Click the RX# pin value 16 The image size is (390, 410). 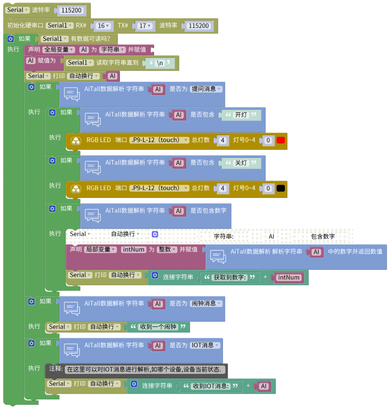tap(103, 26)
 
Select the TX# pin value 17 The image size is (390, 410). tap(145, 26)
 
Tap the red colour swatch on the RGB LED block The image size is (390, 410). tap(281, 140)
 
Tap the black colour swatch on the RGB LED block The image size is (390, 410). tap(281, 188)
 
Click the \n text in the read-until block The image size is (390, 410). tap(160, 63)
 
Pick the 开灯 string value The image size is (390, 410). tap(241, 115)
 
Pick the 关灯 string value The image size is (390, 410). tap(241, 163)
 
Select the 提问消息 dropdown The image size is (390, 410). tap(206, 89)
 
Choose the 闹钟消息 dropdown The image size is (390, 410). tap(206, 303)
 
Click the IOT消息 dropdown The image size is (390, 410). tap(205, 345)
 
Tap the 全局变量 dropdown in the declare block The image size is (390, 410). tap(59, 50)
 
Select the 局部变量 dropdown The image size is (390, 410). tap(100, 249)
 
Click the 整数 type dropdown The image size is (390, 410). tap(167, 249)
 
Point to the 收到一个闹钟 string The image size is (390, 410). tap(158, 327)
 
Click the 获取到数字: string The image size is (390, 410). tap(230, 278)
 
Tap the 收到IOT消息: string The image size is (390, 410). tap(211, 386)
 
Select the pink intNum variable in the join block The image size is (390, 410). tap(289, 278)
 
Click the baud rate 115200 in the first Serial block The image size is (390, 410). tap(72, 10)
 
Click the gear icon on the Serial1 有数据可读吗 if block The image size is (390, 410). tap(11, 39)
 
